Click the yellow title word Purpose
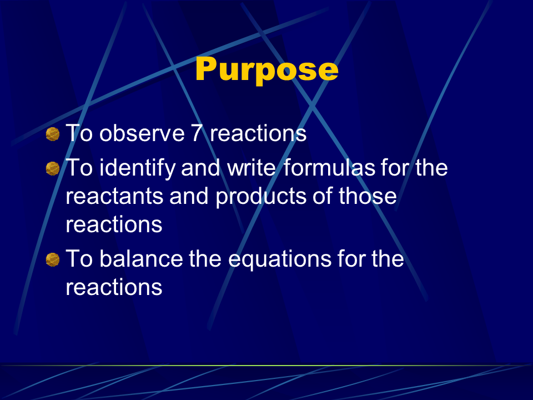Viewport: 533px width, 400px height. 267,70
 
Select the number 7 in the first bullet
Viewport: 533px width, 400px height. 197,133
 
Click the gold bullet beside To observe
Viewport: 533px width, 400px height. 53,134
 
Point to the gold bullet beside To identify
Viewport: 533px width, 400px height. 53,169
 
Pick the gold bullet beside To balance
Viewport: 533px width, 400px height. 53,260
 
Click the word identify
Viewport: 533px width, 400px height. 137,169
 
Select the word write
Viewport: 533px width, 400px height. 251,168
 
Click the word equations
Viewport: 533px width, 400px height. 279,260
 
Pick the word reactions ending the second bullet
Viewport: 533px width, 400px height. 114,225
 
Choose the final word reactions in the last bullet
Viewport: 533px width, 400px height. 114,287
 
